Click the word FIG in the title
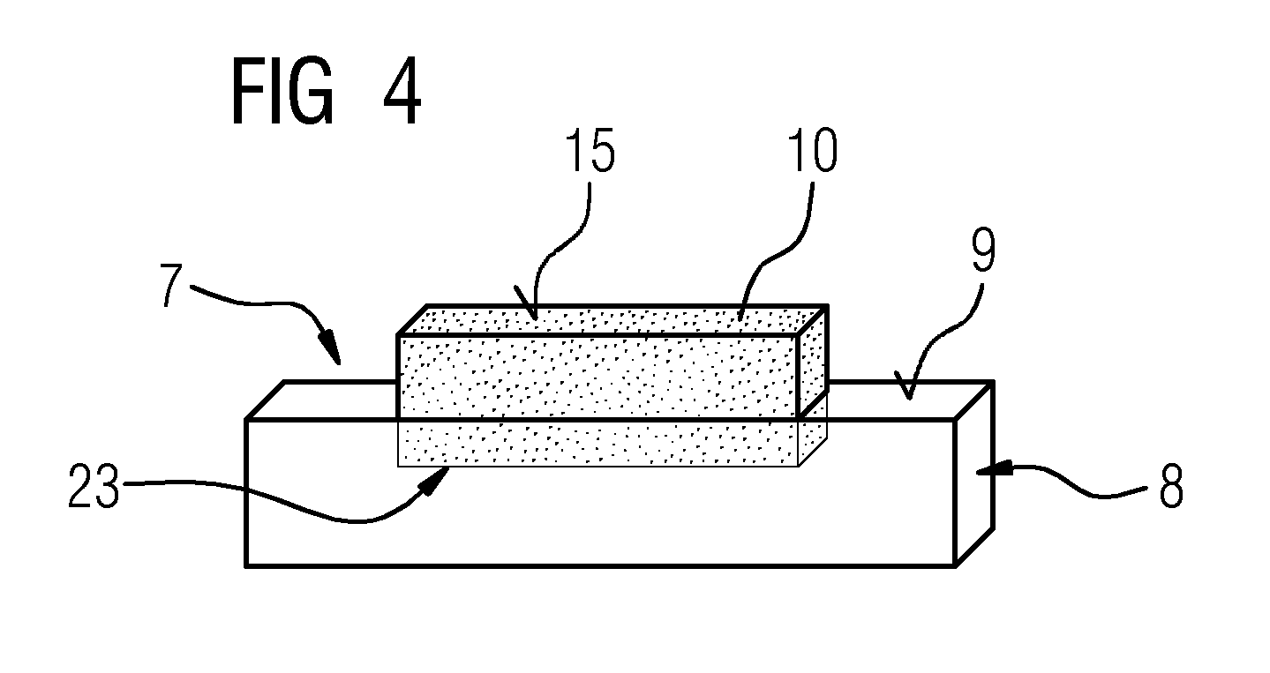pos(282,91)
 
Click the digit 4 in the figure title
pos(402,91)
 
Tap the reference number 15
pos(589,150)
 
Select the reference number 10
pos(813,149)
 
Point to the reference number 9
pos(983,251)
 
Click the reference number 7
pos(170,285)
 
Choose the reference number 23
pos(94,485)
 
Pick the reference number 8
pos(1171,485)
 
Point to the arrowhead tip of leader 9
pos(909,400)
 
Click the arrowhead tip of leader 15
pos(535,318)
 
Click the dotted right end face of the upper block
pos(813,362)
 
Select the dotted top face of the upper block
pos(612,320)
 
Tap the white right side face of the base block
pos(974,474)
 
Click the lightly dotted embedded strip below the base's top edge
pos(598,443)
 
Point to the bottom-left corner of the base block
pos(246,565)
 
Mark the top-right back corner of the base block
pos(993,383)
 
